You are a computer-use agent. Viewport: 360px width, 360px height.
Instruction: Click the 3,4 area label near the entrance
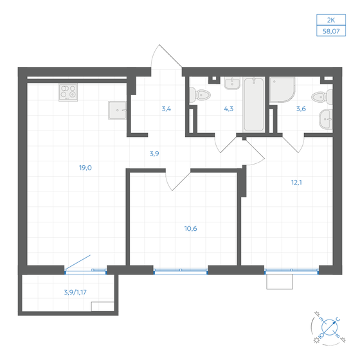(166, 109)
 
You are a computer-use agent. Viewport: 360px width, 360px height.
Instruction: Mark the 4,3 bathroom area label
(228, 109)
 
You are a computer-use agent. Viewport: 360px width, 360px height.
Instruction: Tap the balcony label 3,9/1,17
(76, 292)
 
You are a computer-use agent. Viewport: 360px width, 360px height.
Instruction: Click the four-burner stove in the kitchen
(67, 93)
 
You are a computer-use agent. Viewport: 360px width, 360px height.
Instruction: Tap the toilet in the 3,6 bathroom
(319, 98)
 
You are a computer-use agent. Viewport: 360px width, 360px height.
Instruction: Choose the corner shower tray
(282, 90)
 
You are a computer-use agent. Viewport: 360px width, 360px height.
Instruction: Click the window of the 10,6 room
(180, 270)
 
